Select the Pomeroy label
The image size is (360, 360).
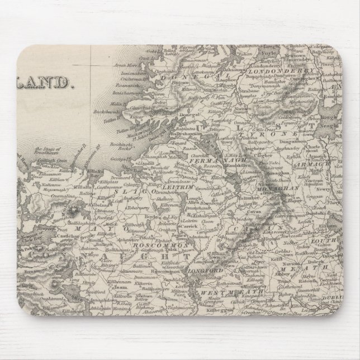(x=284, y=124)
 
